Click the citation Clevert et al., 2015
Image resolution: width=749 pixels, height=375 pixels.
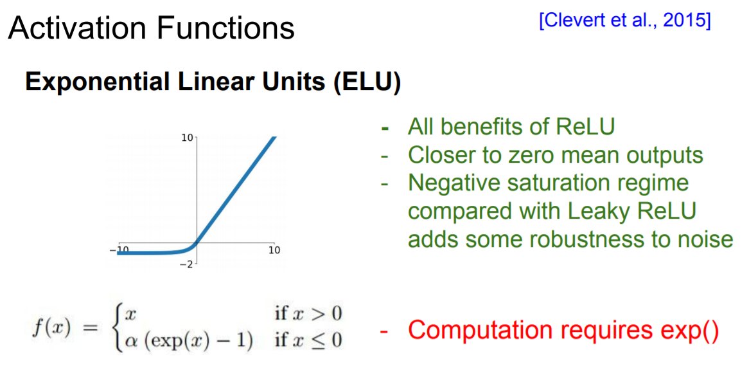click(x=625, y=20)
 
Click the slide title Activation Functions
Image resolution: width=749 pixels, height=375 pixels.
click(x=151, y=28)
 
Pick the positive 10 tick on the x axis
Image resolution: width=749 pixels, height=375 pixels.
click(x=274, y=250)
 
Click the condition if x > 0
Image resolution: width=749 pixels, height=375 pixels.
click(x=308, y=314)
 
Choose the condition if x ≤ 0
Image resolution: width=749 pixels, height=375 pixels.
click(x=308, y=340)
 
